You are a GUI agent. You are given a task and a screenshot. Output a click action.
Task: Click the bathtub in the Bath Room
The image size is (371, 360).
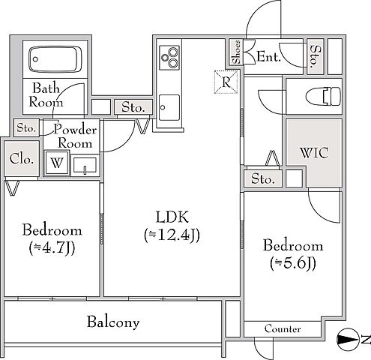click(x=55, y=59)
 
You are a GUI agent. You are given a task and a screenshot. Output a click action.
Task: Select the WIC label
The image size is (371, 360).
click(x=314, y=153)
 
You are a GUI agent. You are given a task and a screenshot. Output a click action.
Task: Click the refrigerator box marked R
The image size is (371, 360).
click(x=226, y=82)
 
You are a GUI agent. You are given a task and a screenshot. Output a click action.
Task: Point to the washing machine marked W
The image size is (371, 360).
click(x=57, y=163)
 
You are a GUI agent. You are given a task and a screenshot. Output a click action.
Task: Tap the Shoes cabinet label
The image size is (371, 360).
click(x=236, y=52)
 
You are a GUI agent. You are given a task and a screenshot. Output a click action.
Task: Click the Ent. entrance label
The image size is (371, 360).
click(x=269, y=56)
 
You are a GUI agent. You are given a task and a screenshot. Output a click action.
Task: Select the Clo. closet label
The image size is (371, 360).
click(x=22, y=158)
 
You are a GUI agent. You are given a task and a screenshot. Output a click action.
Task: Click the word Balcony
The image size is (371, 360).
click(x=113, y=322)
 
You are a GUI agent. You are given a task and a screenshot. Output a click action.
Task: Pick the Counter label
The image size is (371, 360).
click(x=283, y=328)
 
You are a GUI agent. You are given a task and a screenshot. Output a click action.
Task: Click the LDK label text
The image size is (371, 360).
click(x=172, y=217)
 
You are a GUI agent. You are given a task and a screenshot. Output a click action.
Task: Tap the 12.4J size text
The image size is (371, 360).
click(x=172, y=235)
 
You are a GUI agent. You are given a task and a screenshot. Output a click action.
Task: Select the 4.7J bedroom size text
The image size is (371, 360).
click(x=52, y=248)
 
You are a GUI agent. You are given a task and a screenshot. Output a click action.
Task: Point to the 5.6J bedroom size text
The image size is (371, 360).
click(x=293, y=263)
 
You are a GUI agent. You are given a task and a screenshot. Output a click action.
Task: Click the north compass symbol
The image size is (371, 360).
click(x=349, y=340)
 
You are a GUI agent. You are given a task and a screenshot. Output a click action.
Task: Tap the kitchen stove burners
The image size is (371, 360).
click(x=169, y=58)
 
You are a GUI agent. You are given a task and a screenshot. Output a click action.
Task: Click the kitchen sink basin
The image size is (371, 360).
click(x=169, y=107)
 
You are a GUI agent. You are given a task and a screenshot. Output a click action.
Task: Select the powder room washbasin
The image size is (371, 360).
click(x=85, y=165)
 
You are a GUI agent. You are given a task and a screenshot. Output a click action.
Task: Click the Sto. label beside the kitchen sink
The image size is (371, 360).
click(x=133, y=107)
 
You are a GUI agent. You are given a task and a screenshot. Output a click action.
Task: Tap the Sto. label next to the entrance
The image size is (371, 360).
click(x=315, y=56)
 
